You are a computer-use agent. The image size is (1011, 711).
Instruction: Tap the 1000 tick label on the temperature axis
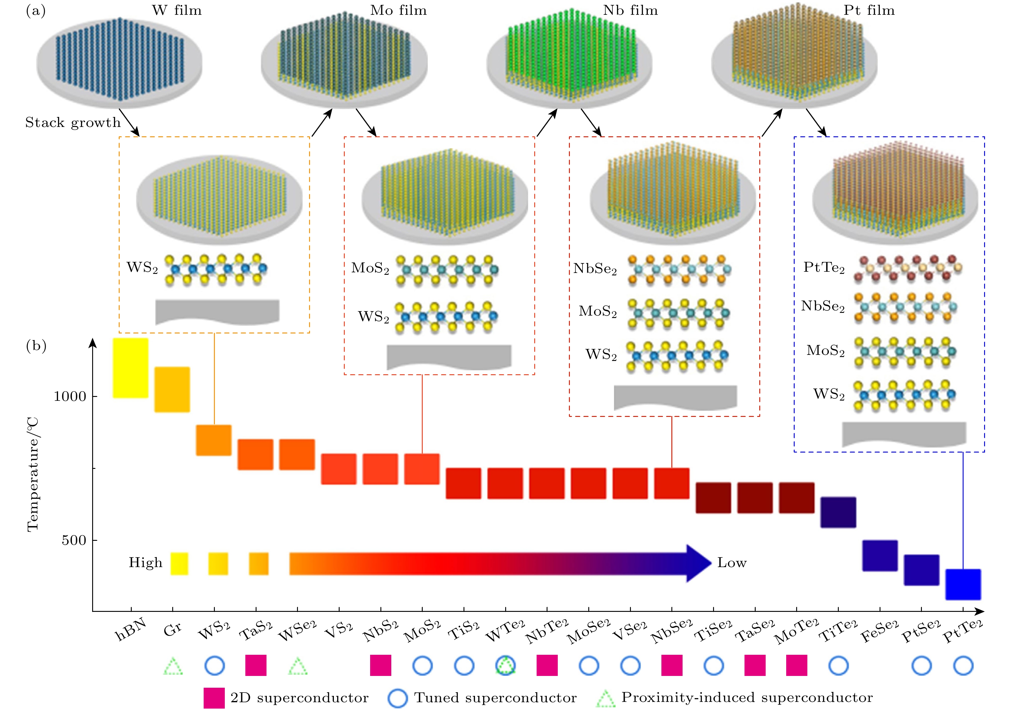[69, 397]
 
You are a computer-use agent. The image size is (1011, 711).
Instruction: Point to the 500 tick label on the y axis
[73, 540]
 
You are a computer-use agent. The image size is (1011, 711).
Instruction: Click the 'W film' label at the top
[177, 10]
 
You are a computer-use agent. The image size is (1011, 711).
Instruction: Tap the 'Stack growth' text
[73, 122]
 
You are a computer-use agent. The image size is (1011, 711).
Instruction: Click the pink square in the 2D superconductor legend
[214, 698]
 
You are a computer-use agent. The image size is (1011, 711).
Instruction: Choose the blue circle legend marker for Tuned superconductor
[398, 698]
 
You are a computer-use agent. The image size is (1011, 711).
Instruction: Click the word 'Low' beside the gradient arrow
[732, 563]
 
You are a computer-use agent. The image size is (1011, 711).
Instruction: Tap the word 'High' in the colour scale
[145, 563]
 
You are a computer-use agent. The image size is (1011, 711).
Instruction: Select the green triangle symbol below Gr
[173, 666]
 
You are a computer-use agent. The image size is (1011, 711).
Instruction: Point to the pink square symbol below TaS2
[256, 665]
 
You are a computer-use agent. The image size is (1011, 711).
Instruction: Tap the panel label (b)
[36, 346]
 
